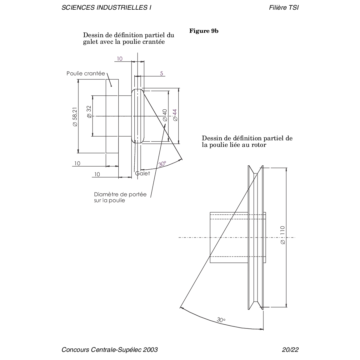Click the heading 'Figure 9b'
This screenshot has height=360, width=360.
pos(204,31)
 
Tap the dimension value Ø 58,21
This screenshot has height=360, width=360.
pos(75,117)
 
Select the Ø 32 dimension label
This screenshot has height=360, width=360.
pos(89,112)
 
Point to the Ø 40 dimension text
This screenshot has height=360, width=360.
pos(165,115)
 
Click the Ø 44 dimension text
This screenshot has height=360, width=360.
pos(175,115)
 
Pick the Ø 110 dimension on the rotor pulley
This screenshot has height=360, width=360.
pos(282,235)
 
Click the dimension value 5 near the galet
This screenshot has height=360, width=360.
pos(161,73)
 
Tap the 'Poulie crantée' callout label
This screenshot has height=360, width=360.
pos(86,73)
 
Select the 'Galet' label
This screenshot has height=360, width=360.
pos(142,173)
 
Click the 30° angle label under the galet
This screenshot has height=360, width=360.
pos(162,164)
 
